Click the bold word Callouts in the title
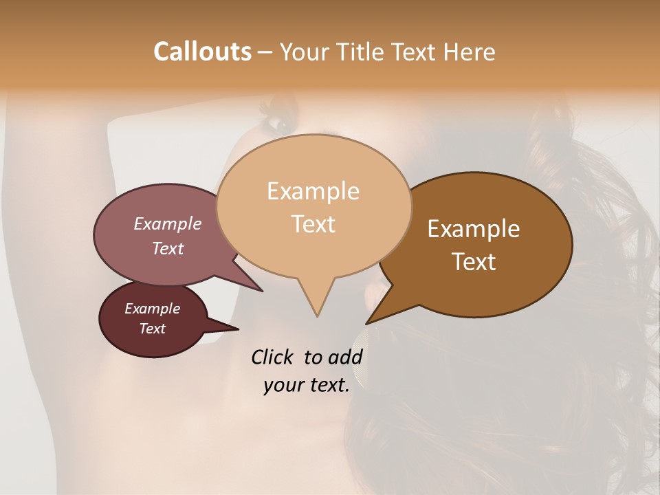tap(202, 52)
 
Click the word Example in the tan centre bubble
tap(313, 191)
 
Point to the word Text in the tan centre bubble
tap(313, 224)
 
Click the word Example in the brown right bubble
tap(474, 229)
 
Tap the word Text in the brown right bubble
tap(474, 262)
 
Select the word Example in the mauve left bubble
tap(168, 224)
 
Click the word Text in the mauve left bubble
tap(168, 248)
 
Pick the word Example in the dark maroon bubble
tap(153, 309)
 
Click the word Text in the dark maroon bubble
tap(153, 329)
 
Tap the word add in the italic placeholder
tap(345, 357)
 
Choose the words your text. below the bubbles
tap(307, 385)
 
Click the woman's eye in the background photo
tap(280, 124)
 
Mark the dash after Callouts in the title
tap(266, 52)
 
